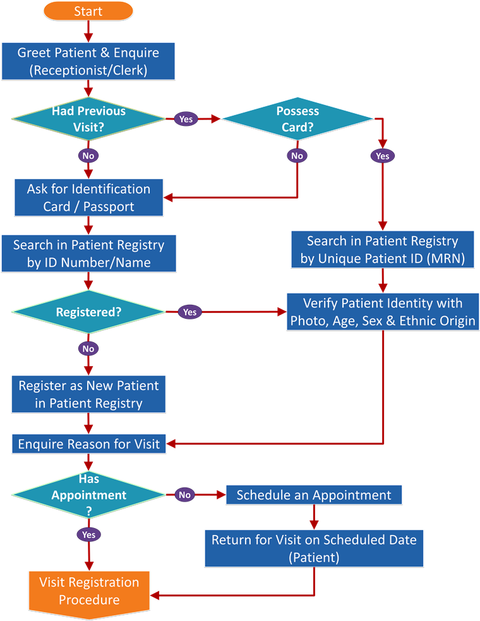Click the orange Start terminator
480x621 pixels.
[88, 11]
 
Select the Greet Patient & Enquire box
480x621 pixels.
[88, 61]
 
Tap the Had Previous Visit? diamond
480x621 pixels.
[88, 119]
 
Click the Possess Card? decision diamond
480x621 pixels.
[297, 119]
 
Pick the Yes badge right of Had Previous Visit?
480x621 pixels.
[186, 119]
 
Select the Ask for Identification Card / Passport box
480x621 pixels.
[88, 197]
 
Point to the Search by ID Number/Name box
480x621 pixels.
[88, 254]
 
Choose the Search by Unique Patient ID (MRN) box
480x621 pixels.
[383, 249]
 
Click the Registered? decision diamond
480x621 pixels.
[88, 312]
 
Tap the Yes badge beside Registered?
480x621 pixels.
[190, 312]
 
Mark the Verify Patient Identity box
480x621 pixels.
[383, 312]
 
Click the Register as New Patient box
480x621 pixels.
[88, 394]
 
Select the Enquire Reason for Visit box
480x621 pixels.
[88, 444]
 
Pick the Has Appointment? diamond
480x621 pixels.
[88, 495]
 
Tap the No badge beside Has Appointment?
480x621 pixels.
[185, 495]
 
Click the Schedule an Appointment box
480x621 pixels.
[314, 495]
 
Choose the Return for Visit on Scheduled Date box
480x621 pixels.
[314, 548]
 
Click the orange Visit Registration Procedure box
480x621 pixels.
[88, 591]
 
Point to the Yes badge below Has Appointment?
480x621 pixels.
[88, 535]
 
